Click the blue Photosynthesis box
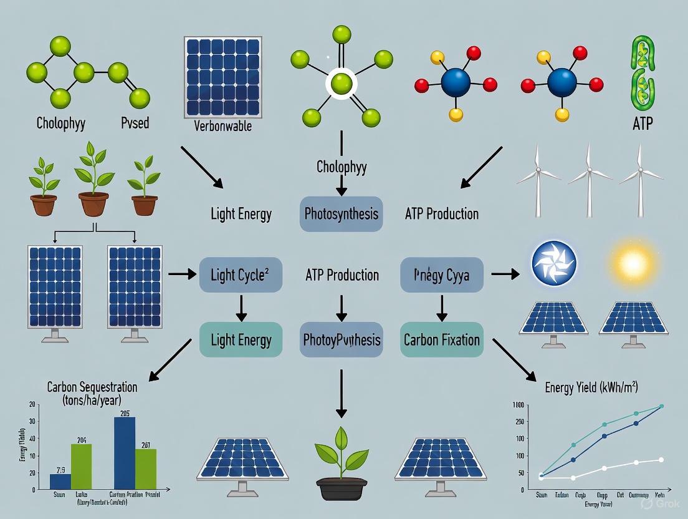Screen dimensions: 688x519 (341, 214)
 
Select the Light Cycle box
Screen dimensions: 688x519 (241, 275)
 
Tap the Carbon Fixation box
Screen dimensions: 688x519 (441, 340)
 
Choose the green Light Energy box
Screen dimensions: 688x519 (241, 340)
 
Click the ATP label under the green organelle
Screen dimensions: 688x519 (642, 124)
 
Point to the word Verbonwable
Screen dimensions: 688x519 (222, 126)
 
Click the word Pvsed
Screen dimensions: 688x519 (135, 122)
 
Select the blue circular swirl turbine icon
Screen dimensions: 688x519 (554, 263)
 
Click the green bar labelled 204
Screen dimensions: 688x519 (81, 467)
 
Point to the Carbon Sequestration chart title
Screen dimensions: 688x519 (92, 393)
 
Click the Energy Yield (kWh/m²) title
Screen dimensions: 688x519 (591, 388)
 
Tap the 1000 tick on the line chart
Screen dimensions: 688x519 (518, 405)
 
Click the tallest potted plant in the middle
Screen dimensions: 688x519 (93, 178)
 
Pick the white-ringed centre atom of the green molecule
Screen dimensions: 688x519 (341, 82)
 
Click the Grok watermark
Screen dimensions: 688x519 (657, 502)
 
